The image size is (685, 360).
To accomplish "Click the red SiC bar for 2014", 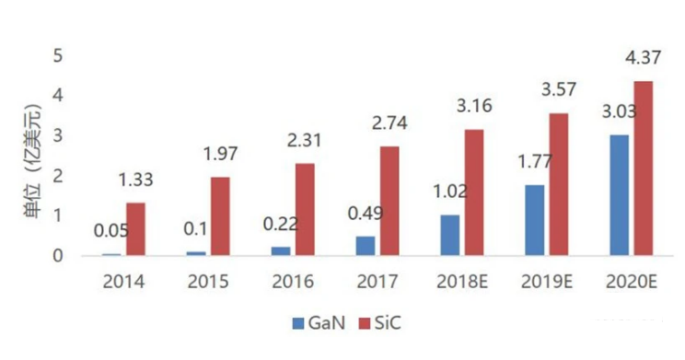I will pos(136,229).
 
